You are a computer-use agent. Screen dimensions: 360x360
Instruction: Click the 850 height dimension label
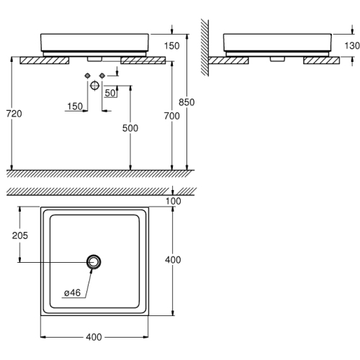(x=186, y=102)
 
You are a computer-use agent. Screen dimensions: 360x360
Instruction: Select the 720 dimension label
(x=14, y=114)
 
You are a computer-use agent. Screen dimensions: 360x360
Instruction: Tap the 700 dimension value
(x=172, y=116)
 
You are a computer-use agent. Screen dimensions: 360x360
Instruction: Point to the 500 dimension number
(x=130, y=128)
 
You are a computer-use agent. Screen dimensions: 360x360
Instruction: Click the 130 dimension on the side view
(x=352, y=45)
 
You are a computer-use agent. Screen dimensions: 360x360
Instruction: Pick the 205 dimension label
(x=20, y=235)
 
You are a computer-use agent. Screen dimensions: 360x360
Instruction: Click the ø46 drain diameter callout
(x=73, y=293)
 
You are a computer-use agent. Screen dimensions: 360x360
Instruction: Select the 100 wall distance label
(x=174, y=201)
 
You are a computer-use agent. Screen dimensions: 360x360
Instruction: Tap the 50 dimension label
(x=110, y=93)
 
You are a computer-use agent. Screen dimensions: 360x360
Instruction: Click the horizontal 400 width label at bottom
(x=94, y=337)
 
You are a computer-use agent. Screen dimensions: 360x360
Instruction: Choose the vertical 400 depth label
(x=173, y=260)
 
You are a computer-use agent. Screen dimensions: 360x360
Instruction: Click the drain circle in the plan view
(x=94, y=262)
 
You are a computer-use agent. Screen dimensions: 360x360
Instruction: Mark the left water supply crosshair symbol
(x=88, y=76)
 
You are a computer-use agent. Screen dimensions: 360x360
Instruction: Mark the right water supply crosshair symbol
(x=102, y=76)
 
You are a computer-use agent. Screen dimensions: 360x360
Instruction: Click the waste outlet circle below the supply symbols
(x=95, y=86)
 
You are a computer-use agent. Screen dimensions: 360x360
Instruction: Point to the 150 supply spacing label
(x=75, y=107)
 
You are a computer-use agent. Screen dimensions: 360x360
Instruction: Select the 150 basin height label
(x=171, y=45)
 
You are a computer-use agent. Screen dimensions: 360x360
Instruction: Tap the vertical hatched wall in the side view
(x=204, y=48)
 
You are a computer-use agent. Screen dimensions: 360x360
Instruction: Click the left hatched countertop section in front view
(x=45, y=60)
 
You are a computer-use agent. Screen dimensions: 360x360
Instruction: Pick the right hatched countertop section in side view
(x=322, y=60)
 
